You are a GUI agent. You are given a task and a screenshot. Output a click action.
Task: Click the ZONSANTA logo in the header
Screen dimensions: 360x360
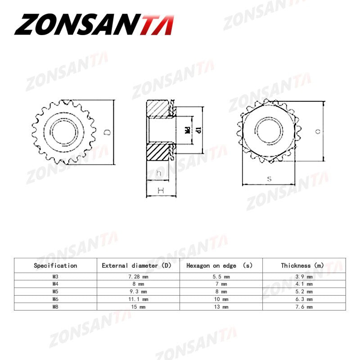pos(94,25)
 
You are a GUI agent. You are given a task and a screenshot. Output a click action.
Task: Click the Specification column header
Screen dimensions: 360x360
pos(55,265)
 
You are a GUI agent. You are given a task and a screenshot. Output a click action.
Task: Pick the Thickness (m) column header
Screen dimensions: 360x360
pos(302,265)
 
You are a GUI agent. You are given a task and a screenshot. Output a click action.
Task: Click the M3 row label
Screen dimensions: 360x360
pos(55,277)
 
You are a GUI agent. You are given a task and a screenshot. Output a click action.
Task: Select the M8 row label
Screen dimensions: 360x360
pos(55,307)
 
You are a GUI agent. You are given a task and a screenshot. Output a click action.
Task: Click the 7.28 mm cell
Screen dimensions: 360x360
pos(138,277)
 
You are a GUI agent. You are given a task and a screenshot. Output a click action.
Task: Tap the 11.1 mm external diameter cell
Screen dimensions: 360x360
pos(138,299)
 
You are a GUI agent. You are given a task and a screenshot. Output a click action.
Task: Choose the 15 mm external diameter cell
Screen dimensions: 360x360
pos(138,307)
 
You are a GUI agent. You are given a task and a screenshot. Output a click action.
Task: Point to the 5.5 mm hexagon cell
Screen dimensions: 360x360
pos(221,277)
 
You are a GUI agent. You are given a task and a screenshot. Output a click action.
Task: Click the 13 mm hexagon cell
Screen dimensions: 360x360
pos(221,307)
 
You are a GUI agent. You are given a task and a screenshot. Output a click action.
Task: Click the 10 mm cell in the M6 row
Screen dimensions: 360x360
pos(221,299)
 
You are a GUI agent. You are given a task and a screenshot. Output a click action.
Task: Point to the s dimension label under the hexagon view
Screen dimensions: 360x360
pos(270,179)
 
